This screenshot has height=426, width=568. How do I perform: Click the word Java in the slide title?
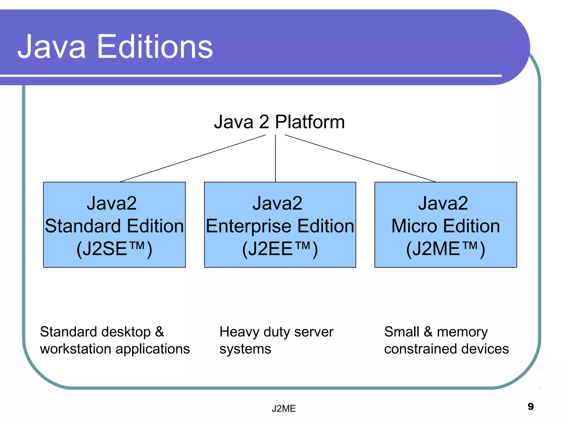pos(52,47)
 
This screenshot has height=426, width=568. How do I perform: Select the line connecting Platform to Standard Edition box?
pos(192,158)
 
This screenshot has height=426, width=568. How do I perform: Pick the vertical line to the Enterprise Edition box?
pos(275,158)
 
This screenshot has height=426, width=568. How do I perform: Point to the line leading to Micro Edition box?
pos(361,158)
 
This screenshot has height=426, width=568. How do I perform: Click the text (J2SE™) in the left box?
pos(114,249)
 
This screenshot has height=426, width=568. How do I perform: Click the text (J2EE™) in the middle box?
pos(280,249)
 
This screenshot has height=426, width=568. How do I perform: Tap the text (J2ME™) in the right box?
pos(445,249)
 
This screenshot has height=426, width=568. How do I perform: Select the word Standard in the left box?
pos(83,226)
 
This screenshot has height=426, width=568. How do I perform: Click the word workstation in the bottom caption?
pos(75,349)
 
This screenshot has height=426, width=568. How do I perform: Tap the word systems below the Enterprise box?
pos(245,349)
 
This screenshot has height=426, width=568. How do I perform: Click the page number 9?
pos(531,406)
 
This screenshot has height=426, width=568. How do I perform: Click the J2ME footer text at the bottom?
pos(284,409)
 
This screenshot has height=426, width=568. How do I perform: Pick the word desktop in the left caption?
pos(123,332)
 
